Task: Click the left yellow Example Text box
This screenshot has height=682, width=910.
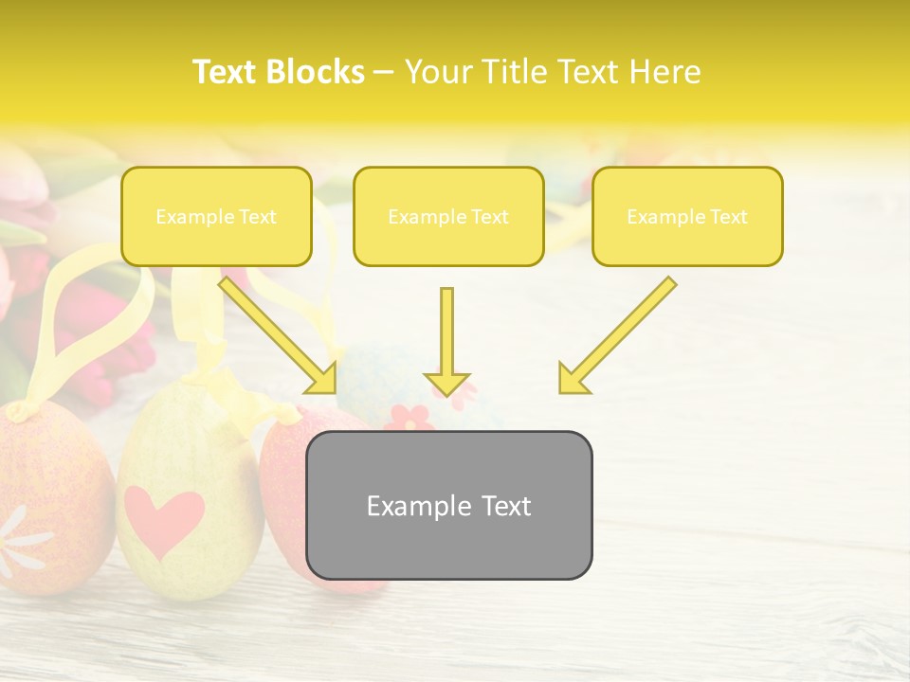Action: [216, 217]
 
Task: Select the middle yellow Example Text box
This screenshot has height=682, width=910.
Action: [448, 217]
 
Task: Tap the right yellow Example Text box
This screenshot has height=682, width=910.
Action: [687, 217]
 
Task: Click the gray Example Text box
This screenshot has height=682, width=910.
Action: [448, 506]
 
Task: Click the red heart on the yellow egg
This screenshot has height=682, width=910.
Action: [164, 519]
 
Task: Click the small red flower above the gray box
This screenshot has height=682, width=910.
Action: [409, 417]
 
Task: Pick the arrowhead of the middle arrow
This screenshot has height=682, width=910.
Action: [446, 384]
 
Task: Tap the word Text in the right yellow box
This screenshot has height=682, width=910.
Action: [729, 217]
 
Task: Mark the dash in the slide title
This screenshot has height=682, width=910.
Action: [384, 72]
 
